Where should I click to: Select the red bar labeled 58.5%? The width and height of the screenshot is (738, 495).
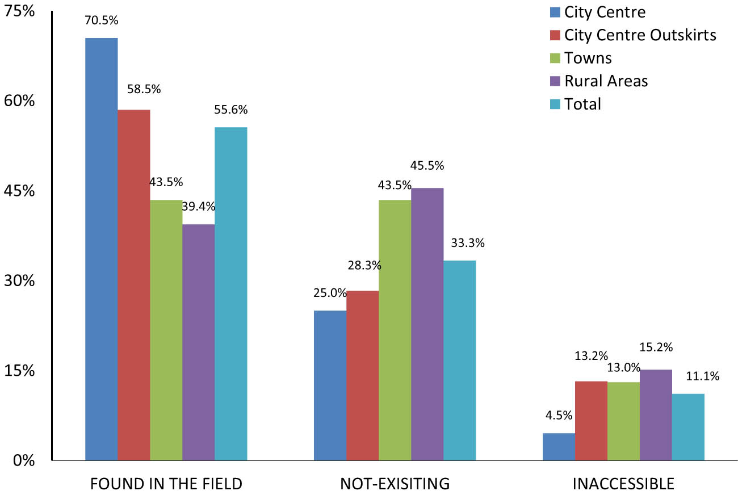click(134, 284)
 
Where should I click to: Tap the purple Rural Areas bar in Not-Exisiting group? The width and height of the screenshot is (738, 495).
click(427, 324)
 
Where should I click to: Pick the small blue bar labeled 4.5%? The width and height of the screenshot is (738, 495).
click(559, 446)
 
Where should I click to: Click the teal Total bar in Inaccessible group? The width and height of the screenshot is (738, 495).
click(688, 426)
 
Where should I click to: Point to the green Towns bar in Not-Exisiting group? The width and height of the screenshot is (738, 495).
click(395, 329)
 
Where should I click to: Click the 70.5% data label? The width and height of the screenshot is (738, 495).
click(102, 20)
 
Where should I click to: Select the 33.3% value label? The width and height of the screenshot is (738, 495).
click(468, 244)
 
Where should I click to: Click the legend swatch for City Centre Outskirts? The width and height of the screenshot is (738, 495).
click(555, 35)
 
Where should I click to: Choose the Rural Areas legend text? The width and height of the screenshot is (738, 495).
click(606, 81)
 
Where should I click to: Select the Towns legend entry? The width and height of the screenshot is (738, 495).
click(588, 58)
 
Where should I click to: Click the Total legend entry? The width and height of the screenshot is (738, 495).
click(582, 104)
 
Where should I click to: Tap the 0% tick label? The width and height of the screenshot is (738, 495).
click(24, 460)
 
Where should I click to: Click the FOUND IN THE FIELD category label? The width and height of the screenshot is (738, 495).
click(166, 484)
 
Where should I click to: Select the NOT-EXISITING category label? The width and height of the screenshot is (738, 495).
click(395, 484)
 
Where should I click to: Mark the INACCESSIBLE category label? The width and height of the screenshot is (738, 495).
click(623, 484)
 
